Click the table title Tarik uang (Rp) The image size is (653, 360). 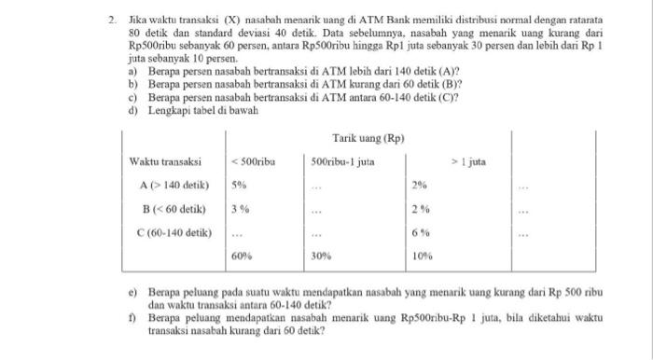(x=369, y=139)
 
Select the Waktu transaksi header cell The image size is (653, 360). (x=166, y=162)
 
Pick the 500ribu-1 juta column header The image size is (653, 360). (x=343, y=162)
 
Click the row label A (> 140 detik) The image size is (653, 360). (x=174, y=185)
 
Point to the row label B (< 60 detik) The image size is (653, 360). (x=174, y=208)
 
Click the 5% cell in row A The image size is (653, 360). (x=240, y=185)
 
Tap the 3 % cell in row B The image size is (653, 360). (x=242, y=208)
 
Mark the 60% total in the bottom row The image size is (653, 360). (x=243, y=255)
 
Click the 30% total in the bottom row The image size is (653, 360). (x=323, y=255)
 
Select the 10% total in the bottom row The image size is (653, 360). (x=422, y=255)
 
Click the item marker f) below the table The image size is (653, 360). (x=133, y=316)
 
